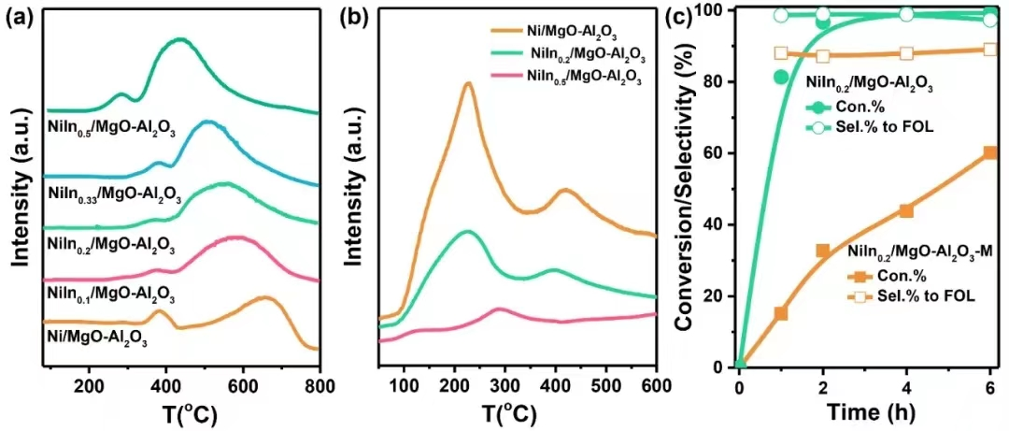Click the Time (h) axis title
pyautogui.click(x=864, y=412)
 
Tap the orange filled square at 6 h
pyautogui.click(x=990, y=152)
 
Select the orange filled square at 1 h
pyautogui.click(x=781, y=313)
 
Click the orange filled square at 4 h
pyautogui.click(x=906, y=210)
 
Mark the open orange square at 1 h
pyautogui.click(x=781, y=53)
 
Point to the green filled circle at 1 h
pyautogui.click(x=781, y=77)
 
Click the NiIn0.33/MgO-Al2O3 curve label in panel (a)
pyautogui.click(x=111, y=195)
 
